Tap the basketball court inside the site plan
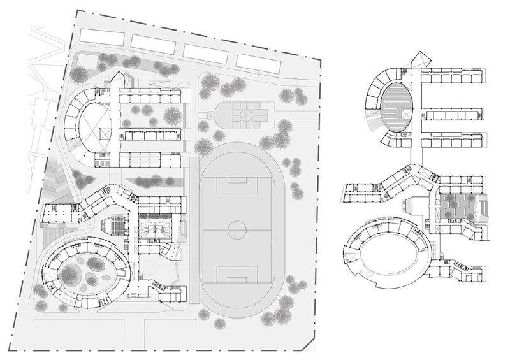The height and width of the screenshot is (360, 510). [153, 227]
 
